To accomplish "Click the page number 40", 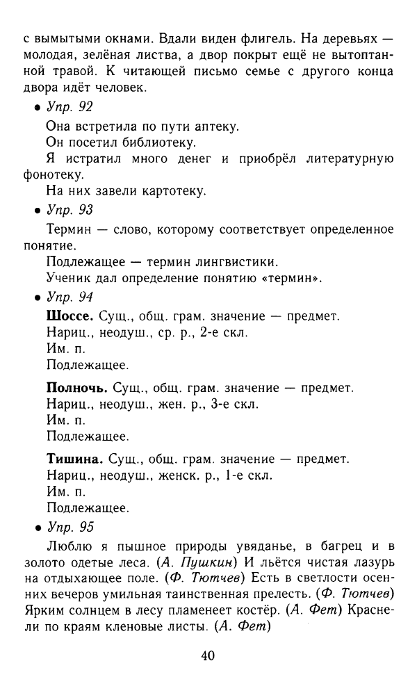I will (x=208, y=655).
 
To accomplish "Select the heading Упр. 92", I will (x=69, y=107).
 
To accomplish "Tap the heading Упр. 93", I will (x=69, y=209).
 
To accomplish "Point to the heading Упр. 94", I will (x=69, y=297).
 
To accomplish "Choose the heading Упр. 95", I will (x=69, y=526).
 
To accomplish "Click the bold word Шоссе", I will (x=69, y=316).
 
